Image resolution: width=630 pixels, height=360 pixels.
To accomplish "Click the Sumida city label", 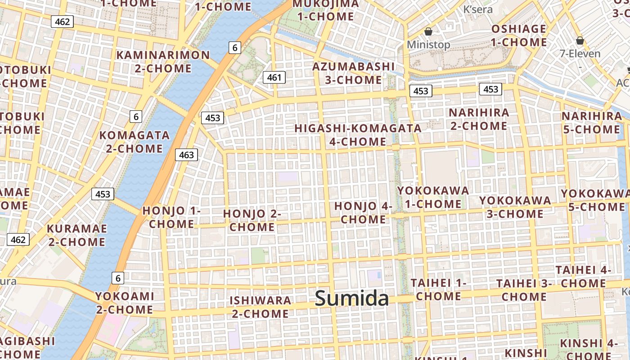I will pyautogui.click(x=352, y=298).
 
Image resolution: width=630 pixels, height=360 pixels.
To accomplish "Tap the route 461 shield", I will pyautogui.click(x=274, y=77).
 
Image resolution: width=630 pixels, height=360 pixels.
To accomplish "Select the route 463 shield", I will pyautogui.click(x=186, y=155).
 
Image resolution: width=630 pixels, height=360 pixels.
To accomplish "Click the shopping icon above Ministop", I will pyautogui.click(x=428, y=31).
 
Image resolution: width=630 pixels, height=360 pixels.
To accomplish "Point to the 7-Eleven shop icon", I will pyautogui.click(x=580, y=40).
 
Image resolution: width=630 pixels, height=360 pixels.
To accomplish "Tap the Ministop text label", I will pyautogui.click(x=428, y=45).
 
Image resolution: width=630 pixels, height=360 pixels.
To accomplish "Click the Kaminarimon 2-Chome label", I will pyautogui.click(x=163, y=62).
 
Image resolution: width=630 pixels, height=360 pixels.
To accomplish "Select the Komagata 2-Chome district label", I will pyautogui.click(x=134, y=142).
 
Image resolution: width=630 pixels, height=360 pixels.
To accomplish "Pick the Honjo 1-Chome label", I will pyautogui.click(x=171, y=217).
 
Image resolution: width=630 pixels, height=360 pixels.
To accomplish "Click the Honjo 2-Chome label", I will pyautogui.click(x=252, y=220).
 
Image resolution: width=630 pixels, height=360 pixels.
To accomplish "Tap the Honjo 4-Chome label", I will pyautogui.click(x=363, y=213).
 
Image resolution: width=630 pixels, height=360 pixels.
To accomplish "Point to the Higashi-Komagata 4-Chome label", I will pyautogui.click(x=358, y=135).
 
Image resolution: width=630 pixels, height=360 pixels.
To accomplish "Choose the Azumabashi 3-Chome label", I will pyautogui.click(x=353, y=73).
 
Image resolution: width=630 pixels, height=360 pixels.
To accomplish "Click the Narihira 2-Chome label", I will pyautogui.click(x=479, y=119).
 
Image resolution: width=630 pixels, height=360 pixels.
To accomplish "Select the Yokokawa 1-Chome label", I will pyautogui.click(x=433, y=197).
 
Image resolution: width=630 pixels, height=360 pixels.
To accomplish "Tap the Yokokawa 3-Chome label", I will pyautogui.click(x=515, y=207).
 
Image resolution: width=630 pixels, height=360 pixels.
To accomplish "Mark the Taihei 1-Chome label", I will pyautogui.click(x=438, y=289).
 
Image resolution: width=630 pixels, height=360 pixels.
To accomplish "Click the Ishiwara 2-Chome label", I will pyautogui.click(x=260, y=307).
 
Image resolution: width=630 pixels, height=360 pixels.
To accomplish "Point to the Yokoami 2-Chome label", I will pyautogui.click(x=124, y=303).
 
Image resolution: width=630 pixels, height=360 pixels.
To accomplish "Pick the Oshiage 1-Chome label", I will pyautogui.click(x=518, y=36).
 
